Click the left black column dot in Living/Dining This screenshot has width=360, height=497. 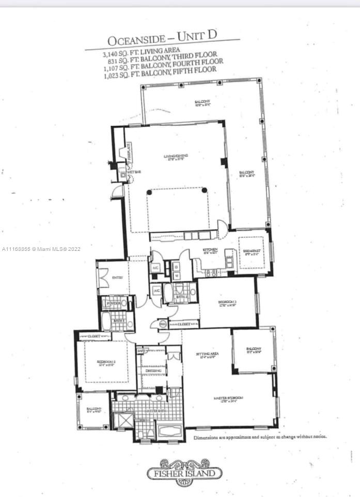(149, 191)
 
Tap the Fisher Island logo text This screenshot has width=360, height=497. (185, 472)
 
